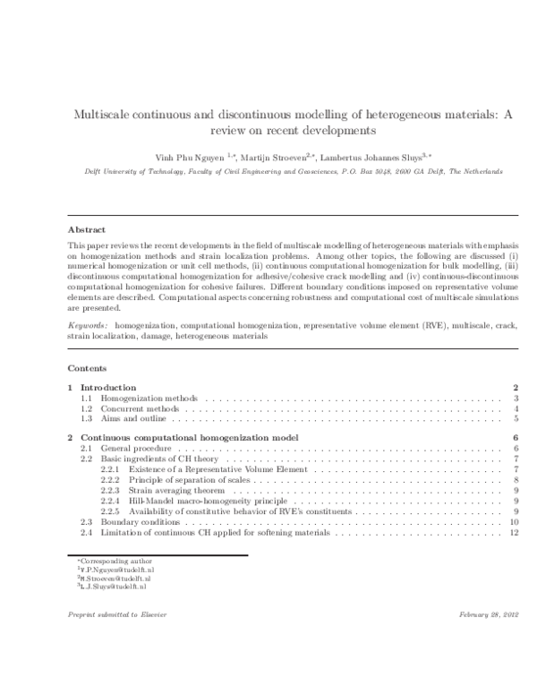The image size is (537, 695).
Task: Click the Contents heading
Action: pos(87,368)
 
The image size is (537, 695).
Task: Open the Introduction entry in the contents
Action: pos(115,387)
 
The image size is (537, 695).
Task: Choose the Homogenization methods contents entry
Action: pos(149,398)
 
